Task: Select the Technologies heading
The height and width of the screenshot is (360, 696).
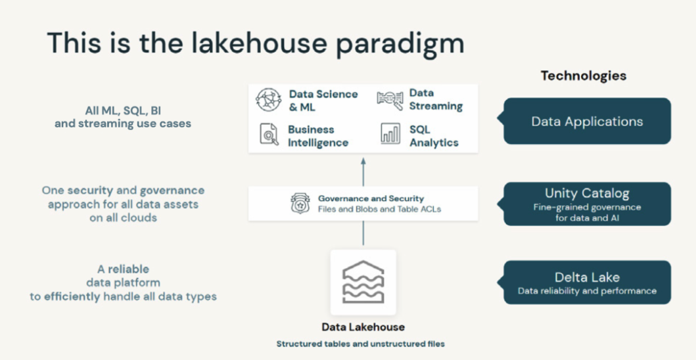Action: tap(583, 76)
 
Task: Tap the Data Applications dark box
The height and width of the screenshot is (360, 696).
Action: tap(587, 122)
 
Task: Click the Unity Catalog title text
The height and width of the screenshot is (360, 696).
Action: tap(587, 193)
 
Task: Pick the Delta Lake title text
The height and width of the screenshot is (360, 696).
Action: tap(587, 277)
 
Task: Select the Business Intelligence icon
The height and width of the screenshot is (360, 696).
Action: tap(268, 135)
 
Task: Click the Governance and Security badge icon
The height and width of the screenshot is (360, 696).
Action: tap(300, 203)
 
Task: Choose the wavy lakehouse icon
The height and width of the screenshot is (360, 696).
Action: tap(363, 282)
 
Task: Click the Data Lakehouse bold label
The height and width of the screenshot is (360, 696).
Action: tap(363, 327)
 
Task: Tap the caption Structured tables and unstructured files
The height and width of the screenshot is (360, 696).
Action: tap(360, 344)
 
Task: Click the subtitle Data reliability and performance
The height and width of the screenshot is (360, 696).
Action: tap(587, 291)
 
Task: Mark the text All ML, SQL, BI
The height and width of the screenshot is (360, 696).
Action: tap(123, 110)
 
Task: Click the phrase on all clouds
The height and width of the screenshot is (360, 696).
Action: tap(123, 217)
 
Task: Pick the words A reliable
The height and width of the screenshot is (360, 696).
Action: tap(123, 269)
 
